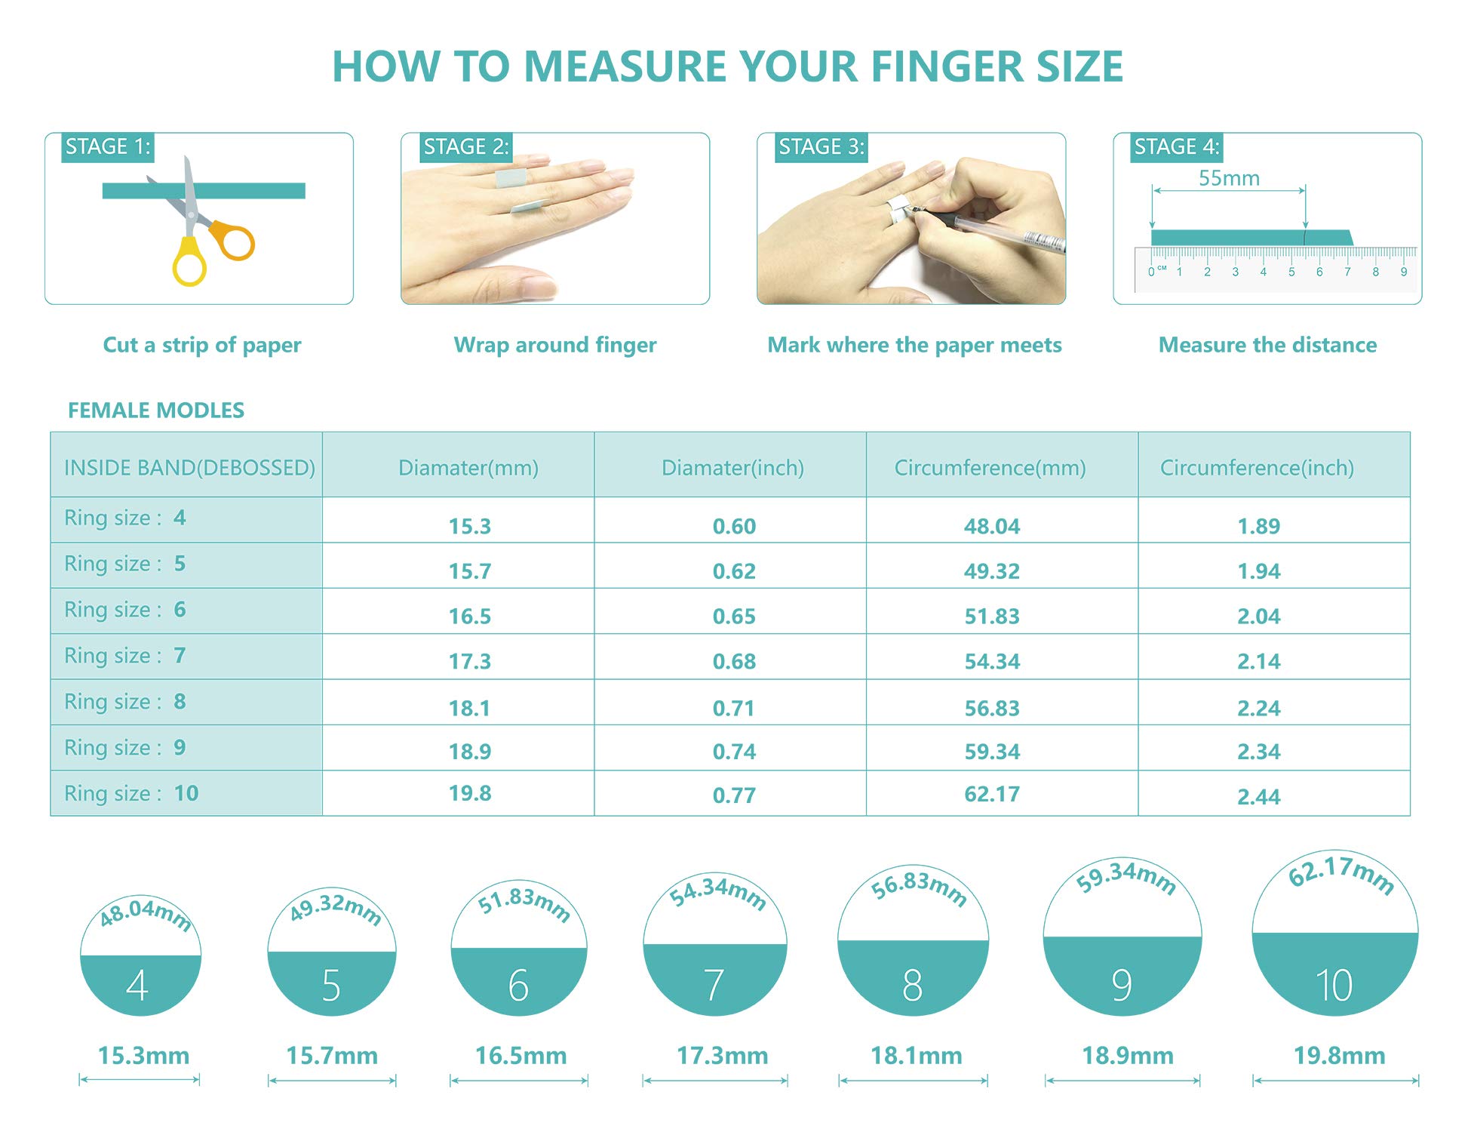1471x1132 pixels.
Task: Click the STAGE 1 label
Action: click(x=108, y=146)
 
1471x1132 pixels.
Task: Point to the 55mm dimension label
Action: click(x=1229, y=179)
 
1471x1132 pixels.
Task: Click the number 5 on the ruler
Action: click(x=1291, y=272)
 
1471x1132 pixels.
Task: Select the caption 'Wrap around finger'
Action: click(x=555, y=345)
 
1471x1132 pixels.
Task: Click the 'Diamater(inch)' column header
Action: click(x=732, y=468)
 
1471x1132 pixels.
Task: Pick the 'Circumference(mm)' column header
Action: click(x=990, y=468)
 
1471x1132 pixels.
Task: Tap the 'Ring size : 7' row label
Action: click(x=124, y=655)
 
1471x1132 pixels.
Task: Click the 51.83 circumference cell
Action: click(x=992, y=617)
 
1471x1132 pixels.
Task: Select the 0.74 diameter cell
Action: click(x=734, y=752)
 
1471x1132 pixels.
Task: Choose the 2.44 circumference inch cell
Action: click(x=1258, y=797)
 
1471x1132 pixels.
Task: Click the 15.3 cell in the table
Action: click(x=469, y=526)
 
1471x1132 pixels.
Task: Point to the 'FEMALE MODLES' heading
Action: click(x=156, y=411)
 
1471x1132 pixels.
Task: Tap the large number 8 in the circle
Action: click(x=913, y=985)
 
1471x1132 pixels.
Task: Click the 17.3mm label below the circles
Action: click(x=722, y=1055)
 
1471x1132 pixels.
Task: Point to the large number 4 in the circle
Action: click(x=137, y=985)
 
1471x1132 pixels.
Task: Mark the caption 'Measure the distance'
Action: click(x=1267, y=345)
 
